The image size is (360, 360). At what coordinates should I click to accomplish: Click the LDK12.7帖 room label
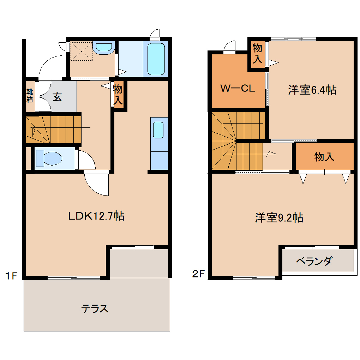(96, 216)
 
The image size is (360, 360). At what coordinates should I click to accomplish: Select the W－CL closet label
(238, 88)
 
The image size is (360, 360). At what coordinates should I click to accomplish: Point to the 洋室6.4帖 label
(312, 90)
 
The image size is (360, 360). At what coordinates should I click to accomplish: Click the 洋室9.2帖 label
(279, 218)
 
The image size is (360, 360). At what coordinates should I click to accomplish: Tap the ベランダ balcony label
(314, 262)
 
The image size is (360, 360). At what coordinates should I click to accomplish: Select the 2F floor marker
(199, 274)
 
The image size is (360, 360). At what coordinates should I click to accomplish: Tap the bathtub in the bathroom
(156, 59)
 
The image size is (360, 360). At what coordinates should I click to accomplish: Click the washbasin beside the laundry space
(104, 47)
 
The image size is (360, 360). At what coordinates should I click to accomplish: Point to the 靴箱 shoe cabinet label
(30, 95)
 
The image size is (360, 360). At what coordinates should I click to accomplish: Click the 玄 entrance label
(57, 97)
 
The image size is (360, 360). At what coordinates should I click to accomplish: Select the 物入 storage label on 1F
(118, 94)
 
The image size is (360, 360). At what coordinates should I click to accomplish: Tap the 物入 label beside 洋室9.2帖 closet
(324, 157)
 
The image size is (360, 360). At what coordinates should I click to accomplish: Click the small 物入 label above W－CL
(257, 53)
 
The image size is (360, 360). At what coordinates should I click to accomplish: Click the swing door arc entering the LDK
(96, 184)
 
